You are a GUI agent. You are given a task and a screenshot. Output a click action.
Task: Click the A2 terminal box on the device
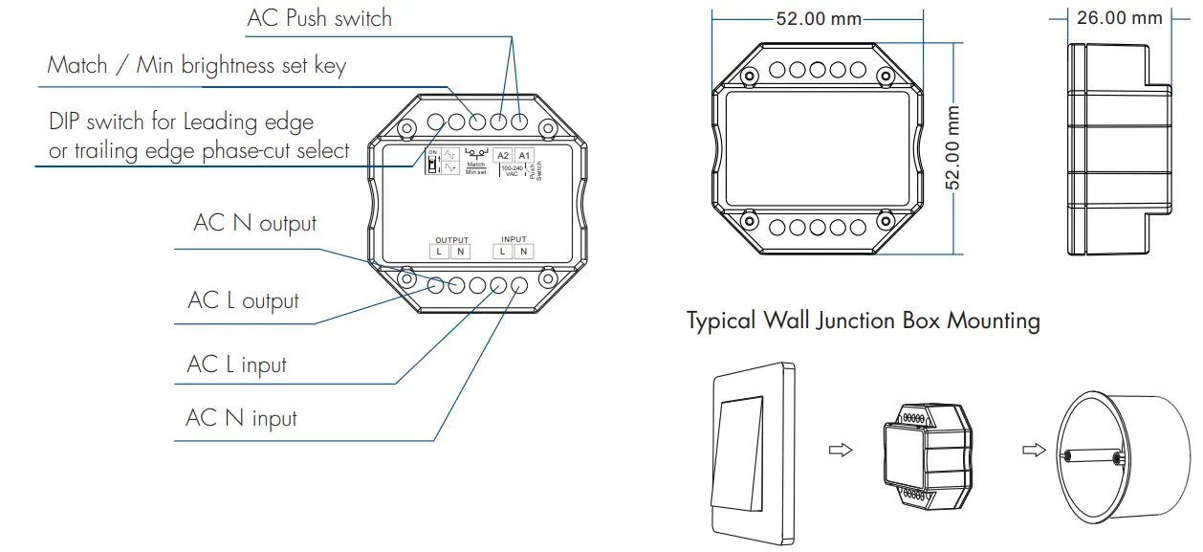(503, 156)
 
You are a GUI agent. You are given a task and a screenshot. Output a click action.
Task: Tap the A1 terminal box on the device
(524, 156)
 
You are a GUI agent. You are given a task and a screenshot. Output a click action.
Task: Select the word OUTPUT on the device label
(452, 239)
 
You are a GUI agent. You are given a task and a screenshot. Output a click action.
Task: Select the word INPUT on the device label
(514, 239)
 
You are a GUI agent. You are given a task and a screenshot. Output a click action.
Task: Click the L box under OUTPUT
(439, 252)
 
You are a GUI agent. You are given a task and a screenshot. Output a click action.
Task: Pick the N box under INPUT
(523, 252)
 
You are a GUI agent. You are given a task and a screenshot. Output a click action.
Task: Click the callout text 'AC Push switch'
(319, 18)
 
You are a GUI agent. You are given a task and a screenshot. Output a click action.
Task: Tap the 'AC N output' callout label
(254, 223)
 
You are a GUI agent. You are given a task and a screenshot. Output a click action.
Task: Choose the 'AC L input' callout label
(237, 364)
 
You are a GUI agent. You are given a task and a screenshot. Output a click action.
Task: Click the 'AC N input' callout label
(242, 418)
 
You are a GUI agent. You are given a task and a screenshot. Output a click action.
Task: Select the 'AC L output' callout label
(244, 300)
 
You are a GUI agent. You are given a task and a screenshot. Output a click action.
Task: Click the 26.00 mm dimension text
(1120, 18)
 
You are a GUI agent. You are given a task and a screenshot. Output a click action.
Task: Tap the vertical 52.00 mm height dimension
(953, 147)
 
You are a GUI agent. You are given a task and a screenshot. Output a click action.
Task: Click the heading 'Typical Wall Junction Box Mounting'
(863, 320)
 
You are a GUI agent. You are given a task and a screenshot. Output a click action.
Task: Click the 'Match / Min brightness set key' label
(197, 65)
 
